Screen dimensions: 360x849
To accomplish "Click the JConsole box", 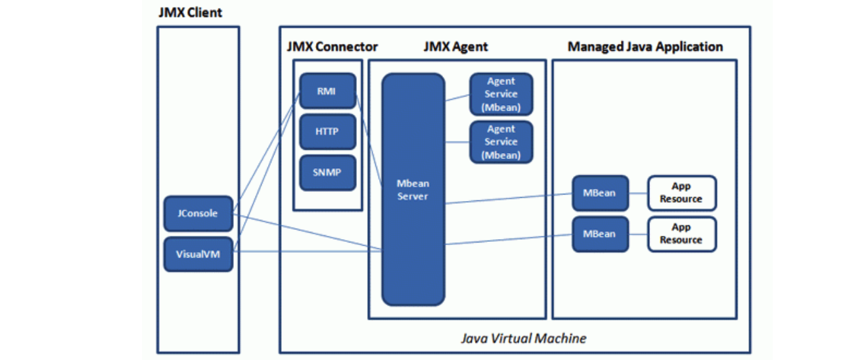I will point(198,214).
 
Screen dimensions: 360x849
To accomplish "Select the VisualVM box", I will point(198,254).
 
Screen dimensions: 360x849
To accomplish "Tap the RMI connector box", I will point(327,91).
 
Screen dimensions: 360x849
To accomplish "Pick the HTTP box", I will point(327,131).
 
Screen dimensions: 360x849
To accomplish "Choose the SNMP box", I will point(327,172).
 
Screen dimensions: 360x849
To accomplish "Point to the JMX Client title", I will point(190,12).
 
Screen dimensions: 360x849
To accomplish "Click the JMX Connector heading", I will point(333,47).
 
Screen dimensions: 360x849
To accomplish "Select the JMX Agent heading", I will point(455,47).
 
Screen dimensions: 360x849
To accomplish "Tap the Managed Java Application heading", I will point(645,47).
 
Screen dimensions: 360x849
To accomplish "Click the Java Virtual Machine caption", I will point(523,338).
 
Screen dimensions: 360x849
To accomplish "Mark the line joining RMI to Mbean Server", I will point(369,138).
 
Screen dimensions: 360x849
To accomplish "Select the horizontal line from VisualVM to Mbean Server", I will point(309,250).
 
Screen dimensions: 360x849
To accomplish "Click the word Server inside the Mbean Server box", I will point(413,196).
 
